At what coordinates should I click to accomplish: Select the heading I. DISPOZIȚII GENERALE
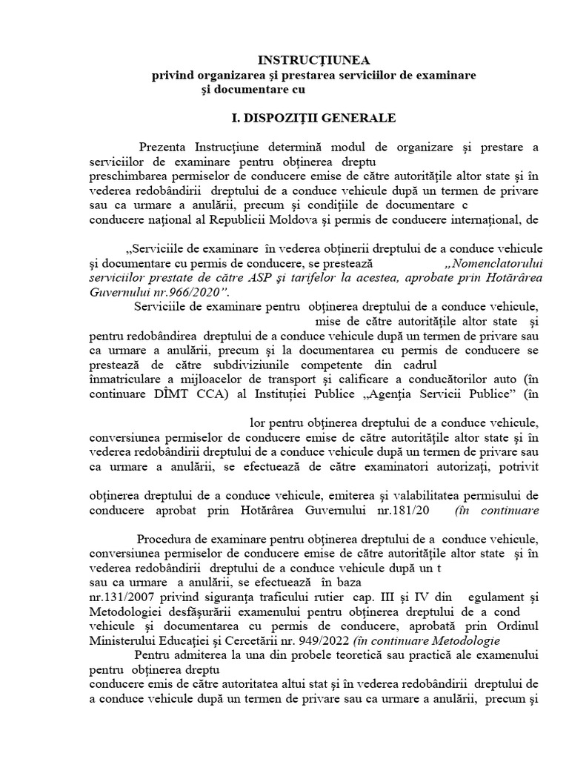coord(311,118)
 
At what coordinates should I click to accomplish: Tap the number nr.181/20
coord(406,510)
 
